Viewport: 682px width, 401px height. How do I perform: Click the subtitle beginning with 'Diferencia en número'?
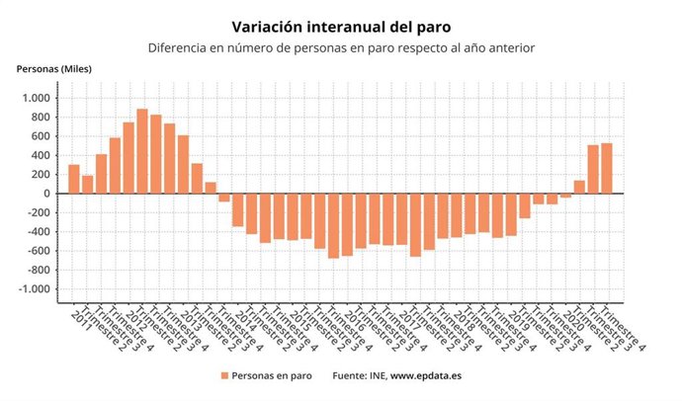[x=341, y=47]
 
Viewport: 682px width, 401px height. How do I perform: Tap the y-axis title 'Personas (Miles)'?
[x=55, y=68]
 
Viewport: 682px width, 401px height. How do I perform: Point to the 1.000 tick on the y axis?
[x=35, y=98]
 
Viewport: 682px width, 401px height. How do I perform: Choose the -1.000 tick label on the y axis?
[x=33, y=289]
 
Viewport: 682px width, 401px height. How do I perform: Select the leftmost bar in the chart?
[x=74, y=179]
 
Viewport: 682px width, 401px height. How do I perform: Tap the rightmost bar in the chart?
[x=607, y=169]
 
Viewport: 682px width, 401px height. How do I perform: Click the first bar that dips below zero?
[x=224, y=198]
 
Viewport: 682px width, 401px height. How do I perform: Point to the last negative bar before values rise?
[x=565, y=196]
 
